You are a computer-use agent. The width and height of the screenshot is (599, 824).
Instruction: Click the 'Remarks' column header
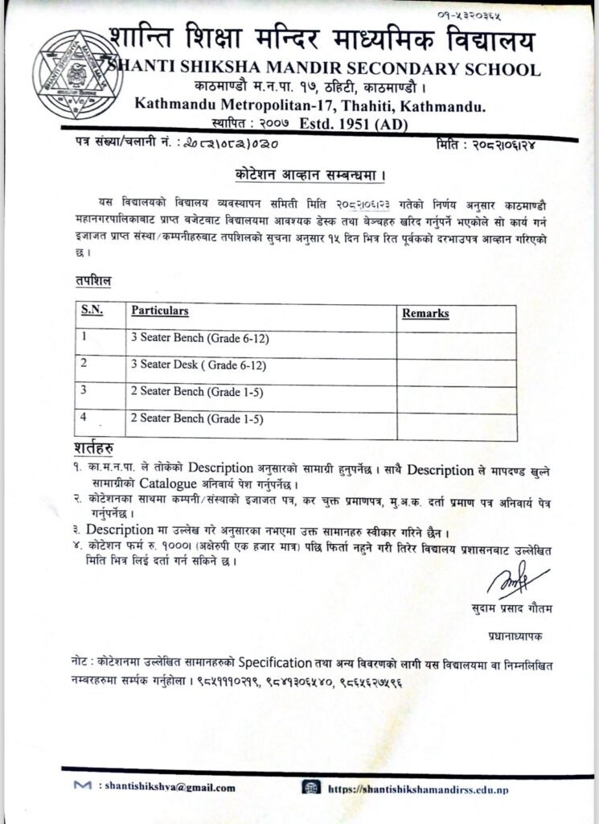(x=425, y=314)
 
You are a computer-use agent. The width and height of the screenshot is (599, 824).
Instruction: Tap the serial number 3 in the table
(x=84, y=390)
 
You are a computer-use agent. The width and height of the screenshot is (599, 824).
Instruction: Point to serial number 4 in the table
(x=84, y=416)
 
